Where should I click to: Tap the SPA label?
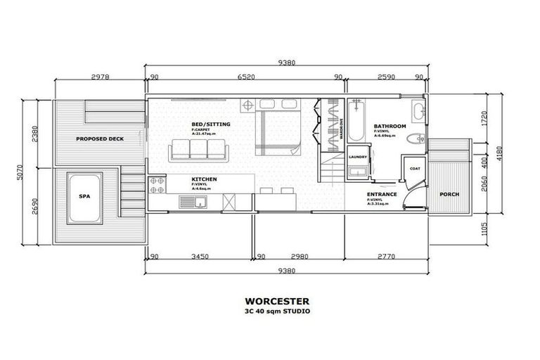(x=84, y=197)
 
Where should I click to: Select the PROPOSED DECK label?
(x=100, y=139)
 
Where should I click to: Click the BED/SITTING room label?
(x=210, y=124)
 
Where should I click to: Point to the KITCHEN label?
(x=204, y=180)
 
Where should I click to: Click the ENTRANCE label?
(x=382, y=194)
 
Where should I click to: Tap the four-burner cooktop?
(x=156, y=185)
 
